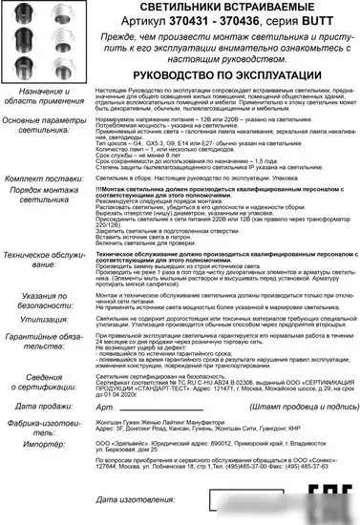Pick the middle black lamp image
(x=19, y=37)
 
